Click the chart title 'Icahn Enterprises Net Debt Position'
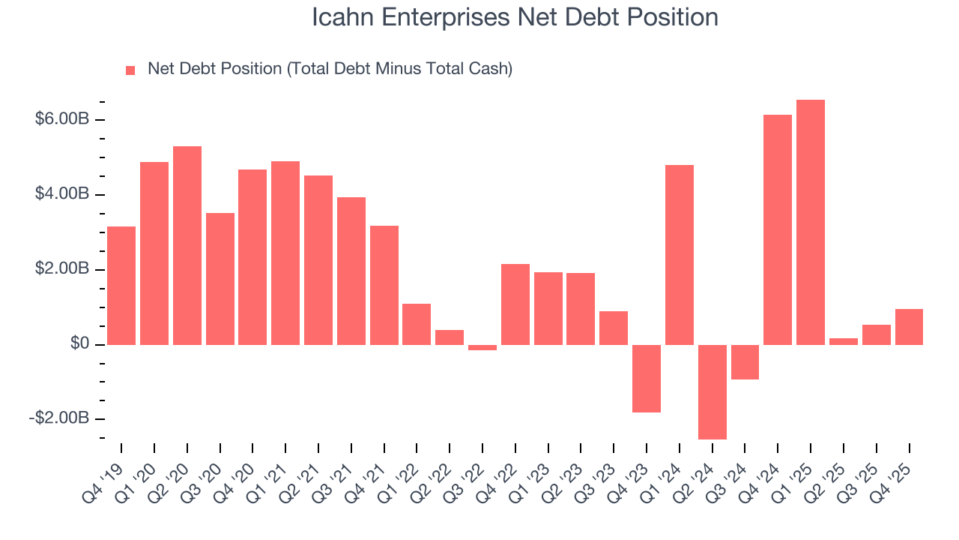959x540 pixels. click(515, 17)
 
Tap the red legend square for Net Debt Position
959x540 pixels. click(130, 70)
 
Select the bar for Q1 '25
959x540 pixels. click(810, 222)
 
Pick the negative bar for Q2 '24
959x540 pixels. click(712, 391)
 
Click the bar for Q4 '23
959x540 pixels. click(646, 378)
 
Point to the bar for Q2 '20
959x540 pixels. click(187, 245)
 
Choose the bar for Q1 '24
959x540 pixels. click(679, 254)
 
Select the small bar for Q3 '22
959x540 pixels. click(482, 347)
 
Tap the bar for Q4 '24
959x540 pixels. click(777, 229)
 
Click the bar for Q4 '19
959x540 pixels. click(121, 285)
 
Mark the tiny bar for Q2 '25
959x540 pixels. click(843, 341)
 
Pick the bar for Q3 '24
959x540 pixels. click(745, 361)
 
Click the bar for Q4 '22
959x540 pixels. click(515, 304)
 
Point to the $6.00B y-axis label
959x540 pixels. click(62, 120)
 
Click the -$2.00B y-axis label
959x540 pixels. click(59, 418)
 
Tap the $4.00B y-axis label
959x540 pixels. click(62, 195)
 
